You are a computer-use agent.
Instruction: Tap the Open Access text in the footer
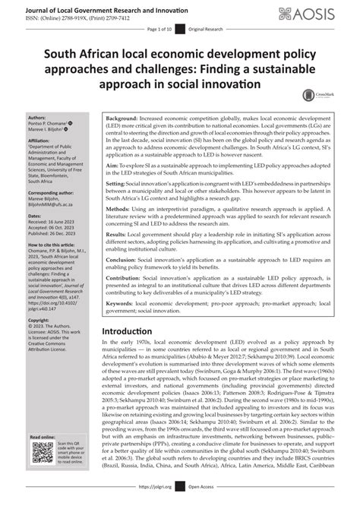point(200,502)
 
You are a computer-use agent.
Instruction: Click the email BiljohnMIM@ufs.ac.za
point(36,193)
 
